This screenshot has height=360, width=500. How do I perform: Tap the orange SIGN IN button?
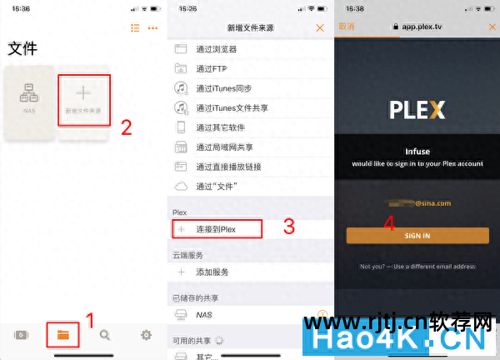417,236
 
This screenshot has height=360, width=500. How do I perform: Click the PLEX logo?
417,110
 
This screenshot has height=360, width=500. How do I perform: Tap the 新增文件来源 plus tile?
83,100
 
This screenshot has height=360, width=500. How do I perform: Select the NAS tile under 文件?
28,100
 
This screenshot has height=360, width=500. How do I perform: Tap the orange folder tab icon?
63,335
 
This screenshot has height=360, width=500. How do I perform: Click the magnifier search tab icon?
105,335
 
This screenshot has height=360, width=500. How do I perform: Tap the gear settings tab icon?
147,335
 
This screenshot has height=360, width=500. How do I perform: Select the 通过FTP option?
212,67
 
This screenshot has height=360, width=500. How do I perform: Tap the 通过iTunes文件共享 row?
232,107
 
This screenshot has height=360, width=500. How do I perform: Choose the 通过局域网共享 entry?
224,147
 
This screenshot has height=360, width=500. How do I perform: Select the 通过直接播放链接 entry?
229,167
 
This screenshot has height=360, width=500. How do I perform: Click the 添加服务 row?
212,272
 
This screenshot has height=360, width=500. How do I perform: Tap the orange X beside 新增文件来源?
320,27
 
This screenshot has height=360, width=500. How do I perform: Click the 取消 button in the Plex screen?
346,27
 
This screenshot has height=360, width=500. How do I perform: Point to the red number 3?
289,226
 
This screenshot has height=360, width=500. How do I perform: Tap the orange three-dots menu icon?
152,27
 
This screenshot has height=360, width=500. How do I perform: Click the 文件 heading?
22,49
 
